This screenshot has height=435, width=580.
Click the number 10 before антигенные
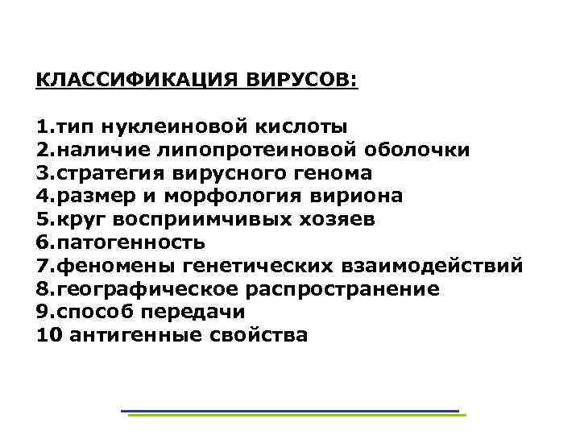[x=49, y=335]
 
